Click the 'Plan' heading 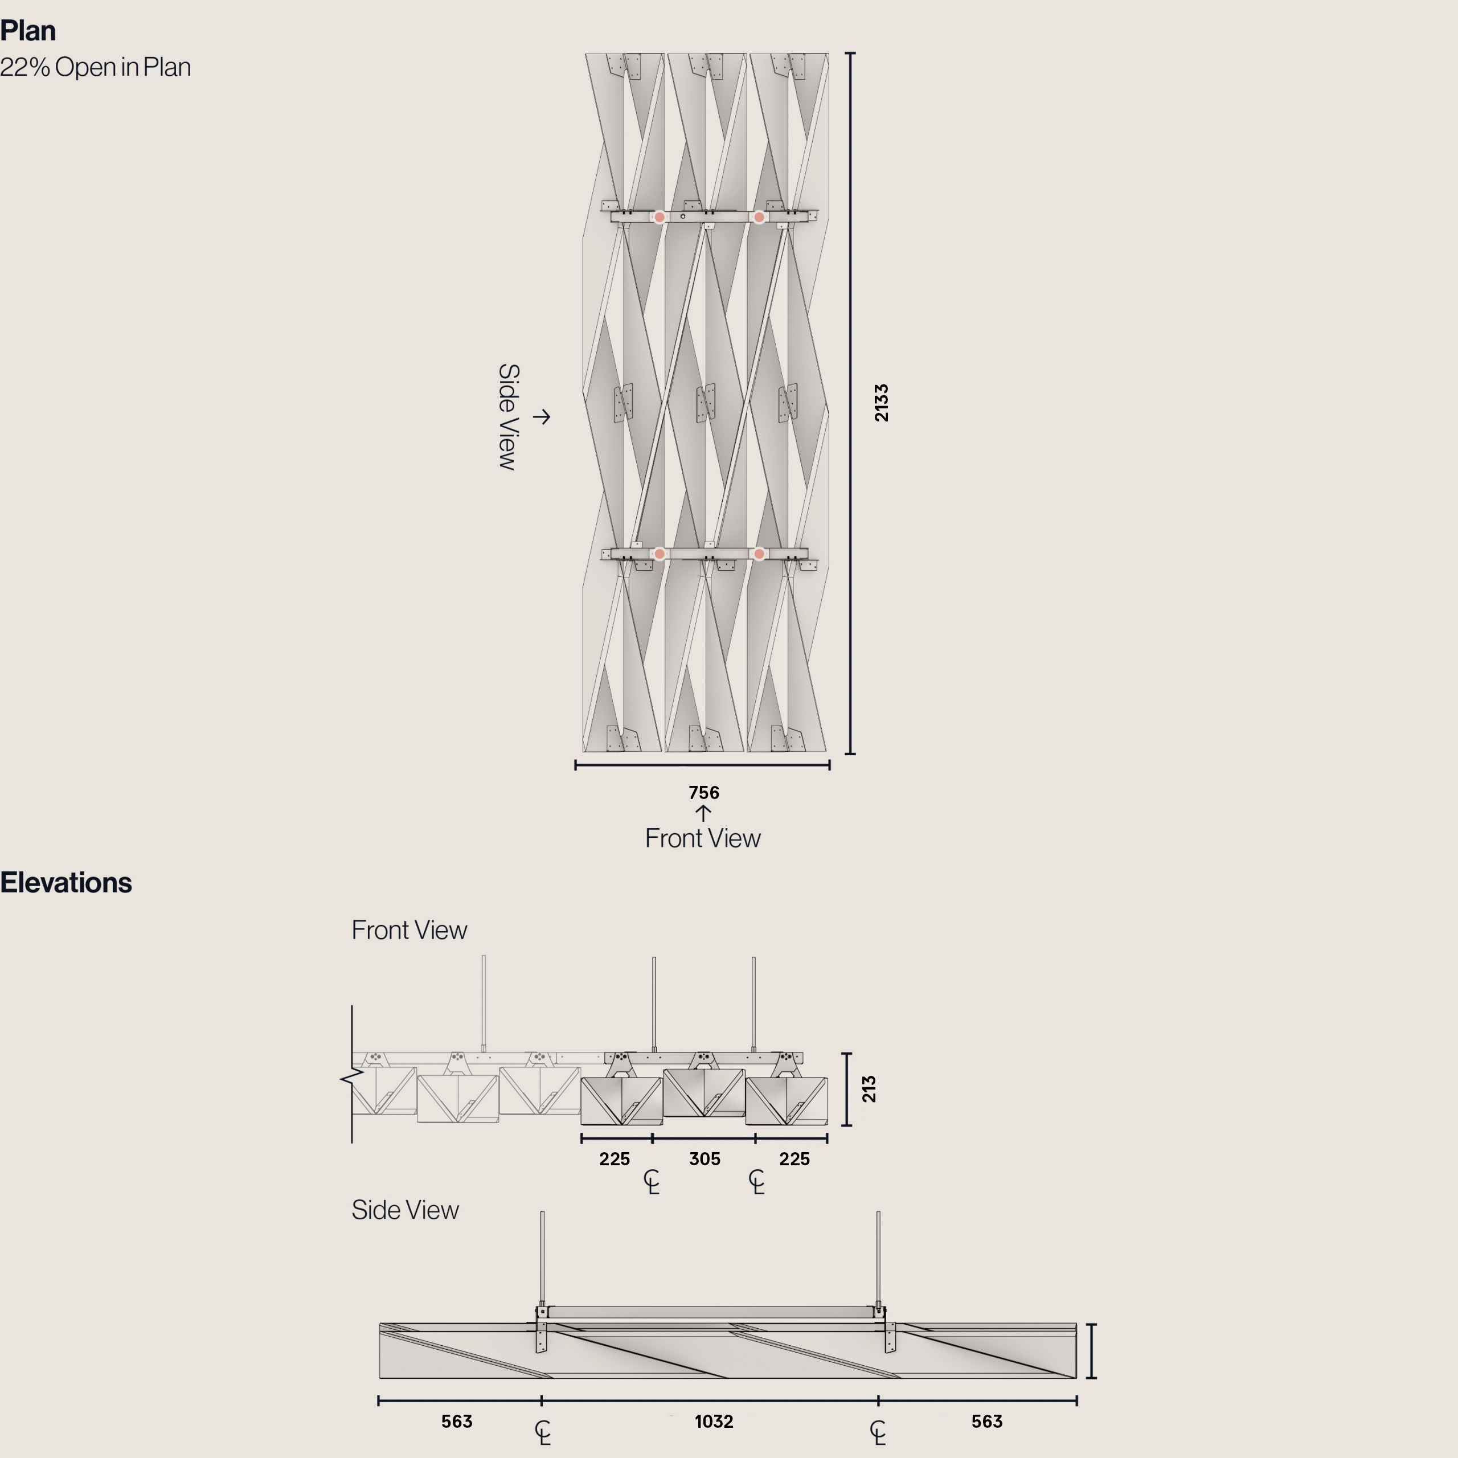click(28, 31)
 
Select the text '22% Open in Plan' click(95, 67)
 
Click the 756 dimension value click(703, 792)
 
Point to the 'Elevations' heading click(65, 882)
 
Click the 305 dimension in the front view click(704, 1158)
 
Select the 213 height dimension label click(869, 1089)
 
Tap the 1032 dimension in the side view click(713, 1421)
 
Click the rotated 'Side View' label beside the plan click(509, 416)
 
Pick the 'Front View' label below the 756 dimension click(703, 838)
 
